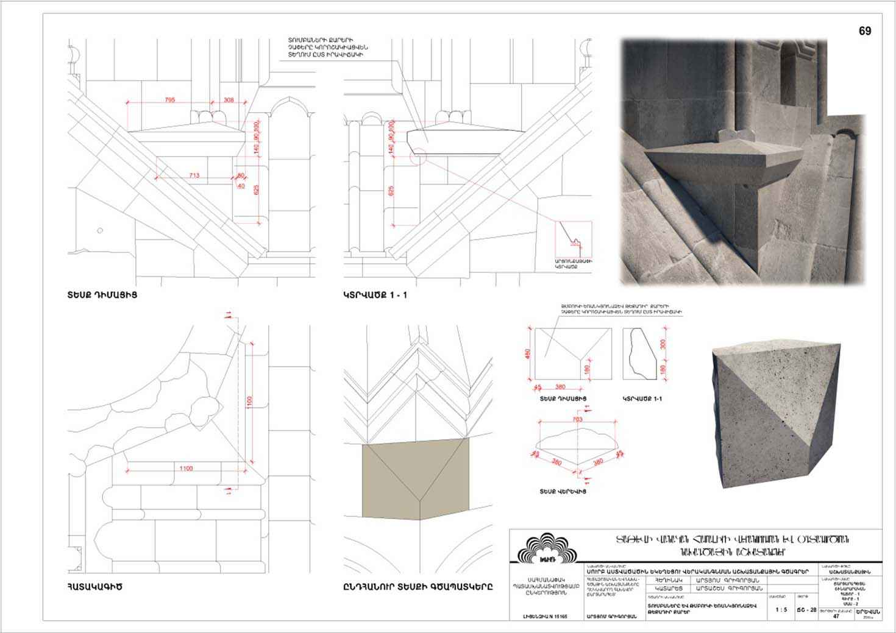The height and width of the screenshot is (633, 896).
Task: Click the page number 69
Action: pyautogui.click(x=864, y=32)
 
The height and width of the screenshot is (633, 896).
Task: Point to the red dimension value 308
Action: pyautogui.click(x=229, y=99)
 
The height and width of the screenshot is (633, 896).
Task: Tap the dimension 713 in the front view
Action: pyautogui.click(x=194, y=175)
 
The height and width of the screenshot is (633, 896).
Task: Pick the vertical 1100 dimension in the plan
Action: pyautogui.click(x=249, y=403)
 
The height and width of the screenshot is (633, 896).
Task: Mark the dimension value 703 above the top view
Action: pyautogui.click(x=578, y=419)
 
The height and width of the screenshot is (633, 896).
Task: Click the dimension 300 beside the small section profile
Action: pyautogui.click(x=663, y=344)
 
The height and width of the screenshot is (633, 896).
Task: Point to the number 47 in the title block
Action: pyautogui.click(x=836, y=616)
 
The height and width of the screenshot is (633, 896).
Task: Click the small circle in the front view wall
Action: pyautogui.click(x=100, y=230)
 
